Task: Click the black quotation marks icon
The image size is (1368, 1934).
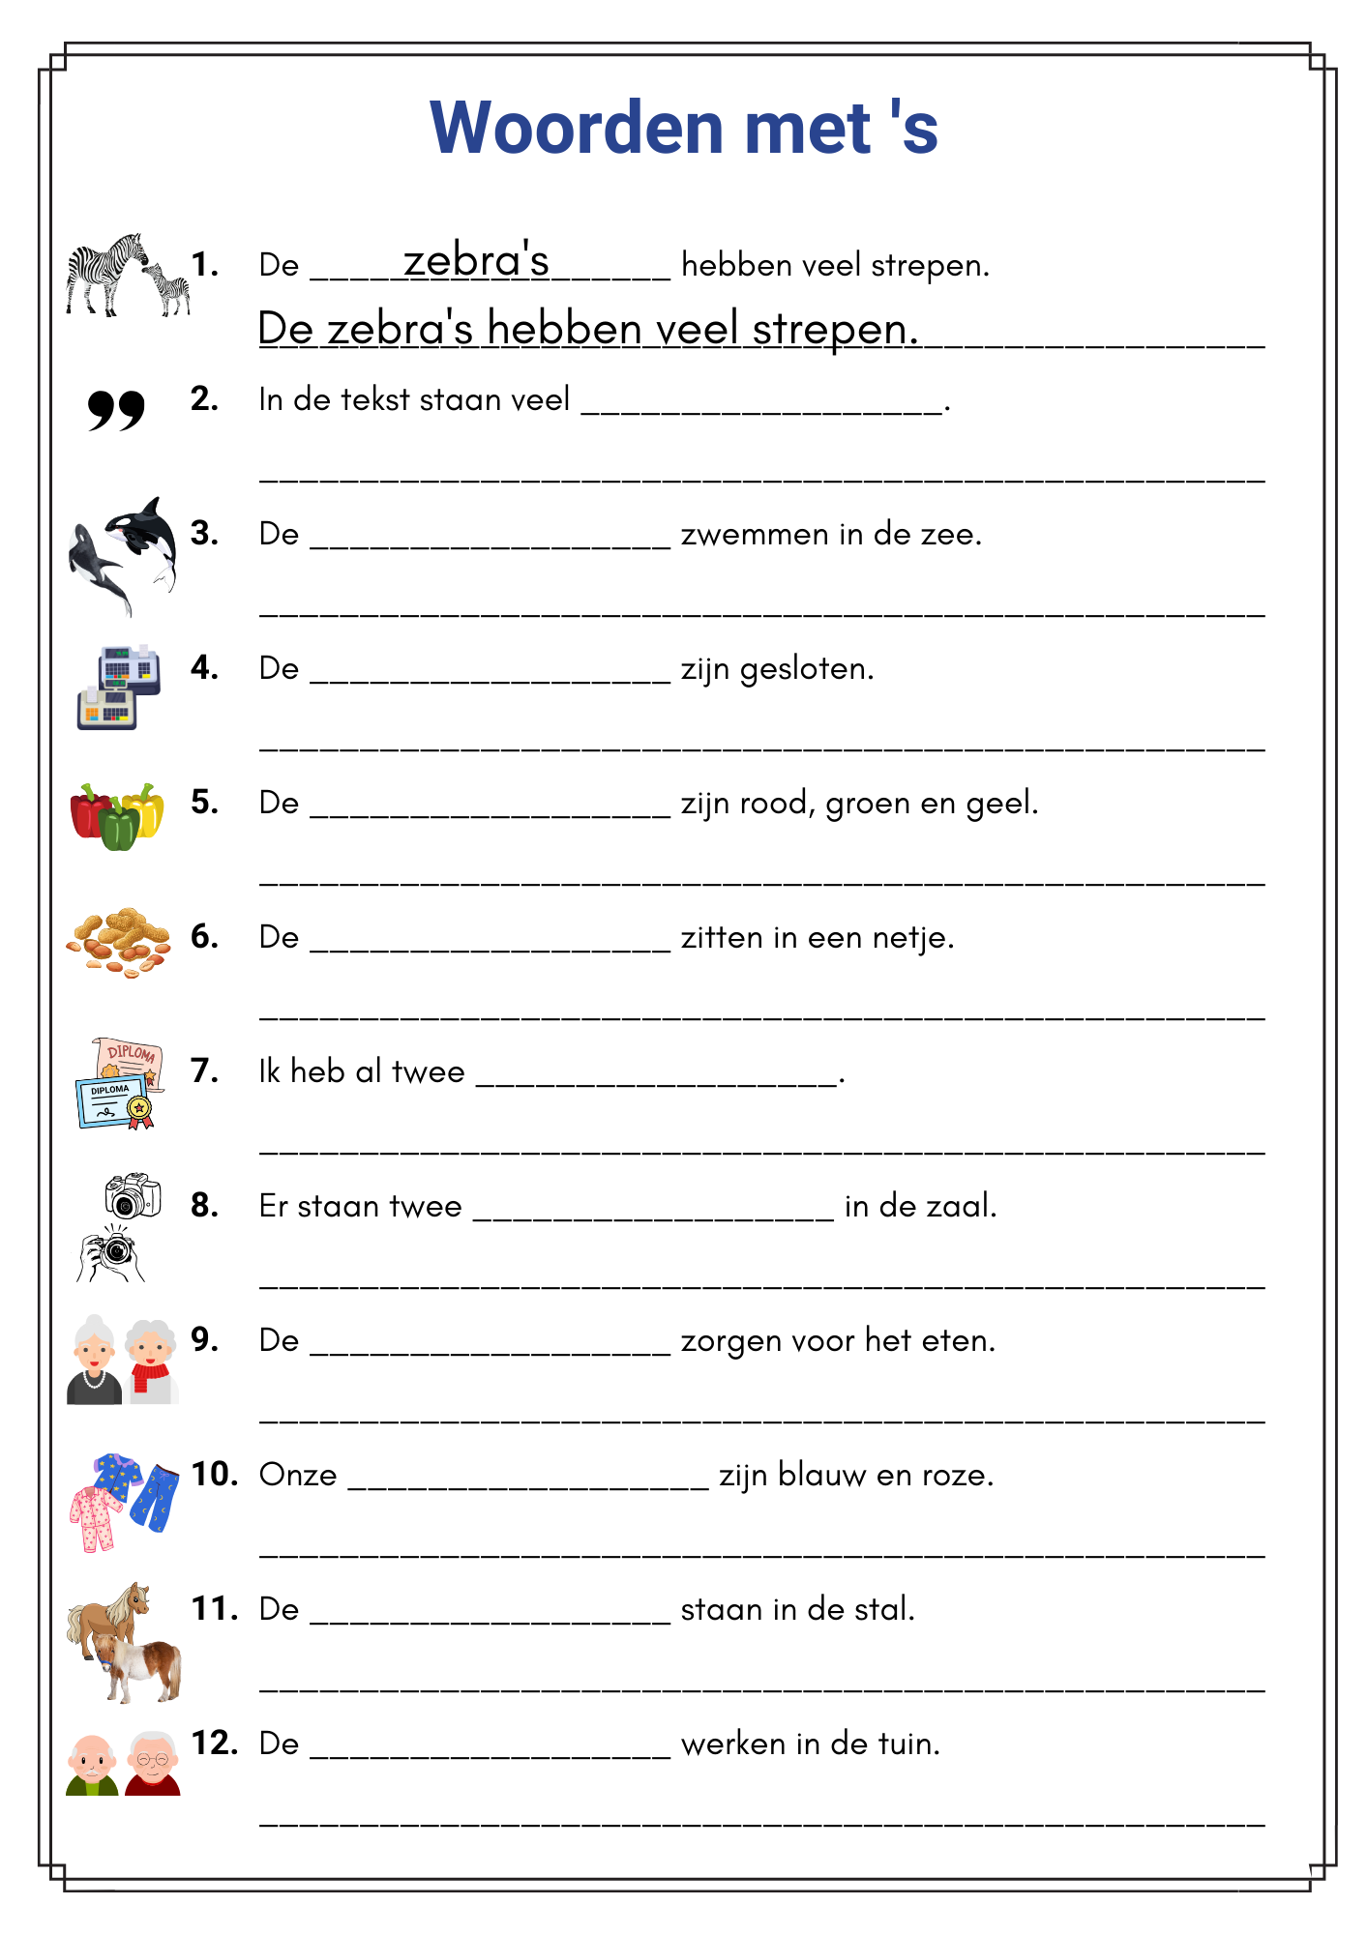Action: click(x=116, y=410)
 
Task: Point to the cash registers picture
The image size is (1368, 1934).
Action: click(x=118, y=687)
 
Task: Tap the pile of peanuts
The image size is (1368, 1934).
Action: click(x=118, y=940)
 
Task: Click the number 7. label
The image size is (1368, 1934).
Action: click(x=204, y=1070)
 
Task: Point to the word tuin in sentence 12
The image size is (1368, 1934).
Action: click(x=908, y=1744)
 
